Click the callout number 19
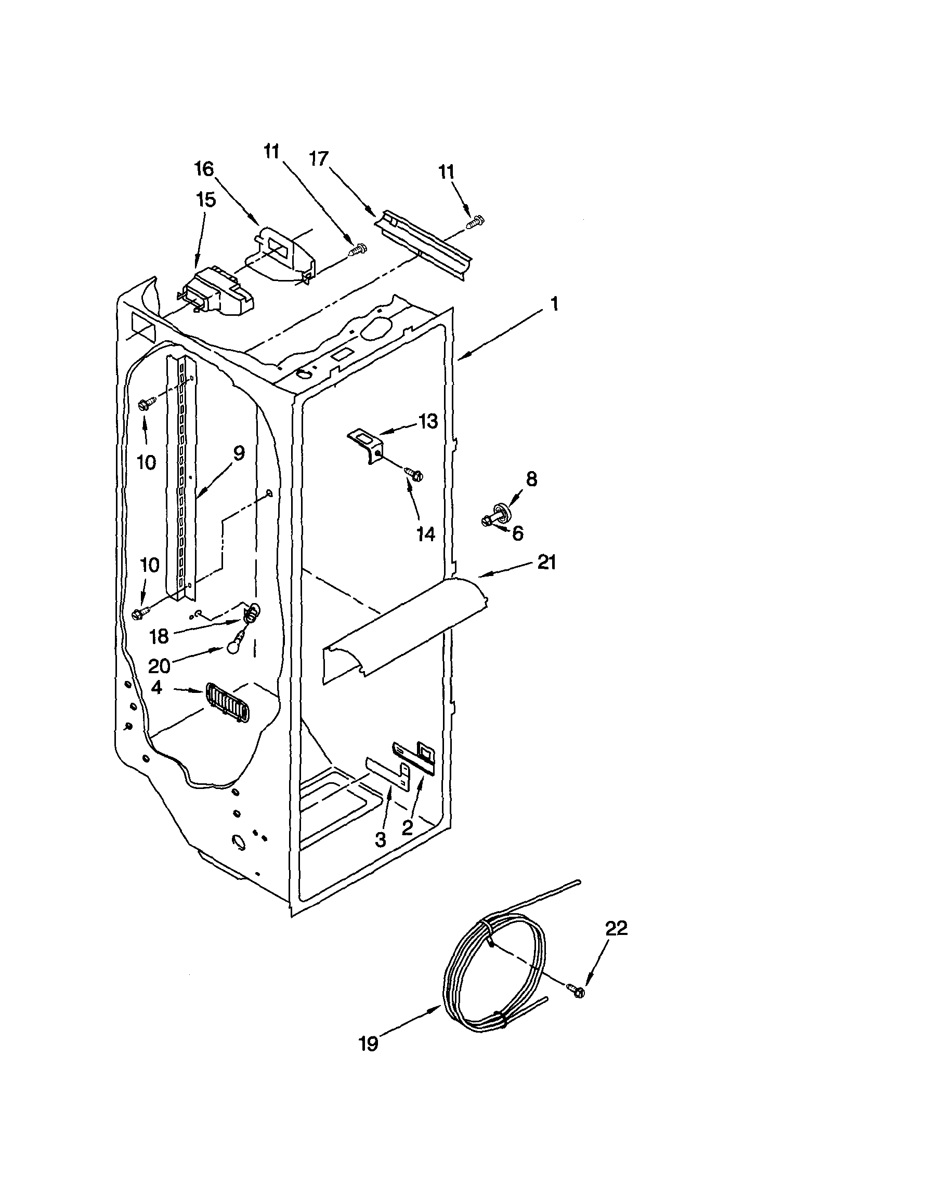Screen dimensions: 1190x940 [369, 1059]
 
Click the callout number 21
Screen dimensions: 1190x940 [546, 563]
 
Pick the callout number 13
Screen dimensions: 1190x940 [427, 422]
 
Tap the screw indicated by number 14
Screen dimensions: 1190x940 [413, 472]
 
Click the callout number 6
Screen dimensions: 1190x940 [518, 533]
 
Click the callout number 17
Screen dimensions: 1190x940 [318, 159]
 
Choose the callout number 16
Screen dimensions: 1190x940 [204, 169]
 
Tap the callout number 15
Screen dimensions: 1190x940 [206, 200]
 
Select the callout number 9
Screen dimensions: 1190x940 [238, 453]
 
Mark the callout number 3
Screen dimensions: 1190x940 [380, 840]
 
